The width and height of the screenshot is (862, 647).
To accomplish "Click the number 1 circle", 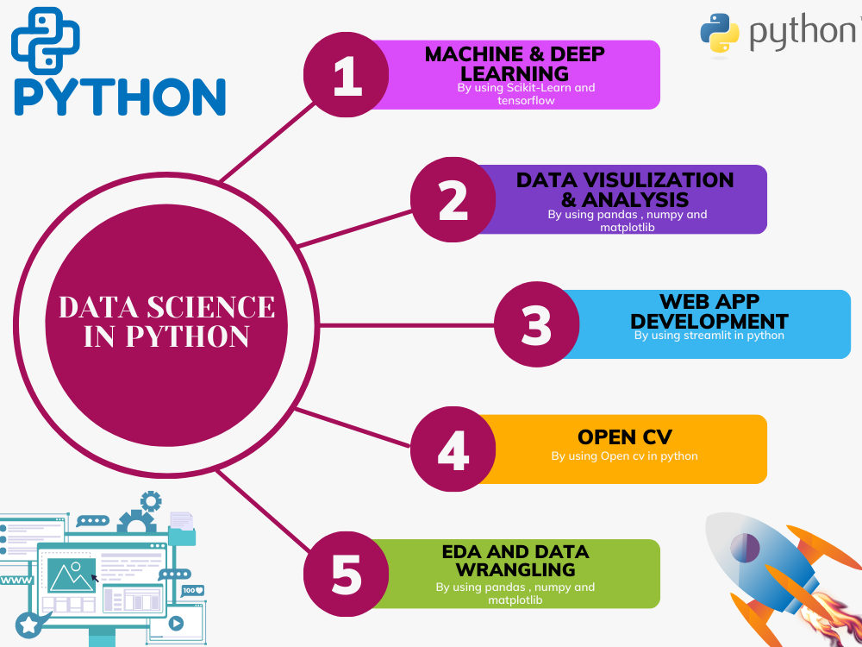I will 347,76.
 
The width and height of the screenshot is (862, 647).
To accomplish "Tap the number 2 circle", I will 453,199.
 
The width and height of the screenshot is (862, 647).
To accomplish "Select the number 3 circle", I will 536,324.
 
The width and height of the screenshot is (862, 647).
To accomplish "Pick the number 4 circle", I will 453,449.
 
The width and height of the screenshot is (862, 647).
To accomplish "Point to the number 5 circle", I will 347,574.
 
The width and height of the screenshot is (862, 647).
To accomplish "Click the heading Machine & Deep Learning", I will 515,64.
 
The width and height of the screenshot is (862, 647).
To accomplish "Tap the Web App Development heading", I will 709,311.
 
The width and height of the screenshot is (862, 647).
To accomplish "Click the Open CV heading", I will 624,437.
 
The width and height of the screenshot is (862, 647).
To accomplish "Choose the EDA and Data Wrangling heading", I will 515,561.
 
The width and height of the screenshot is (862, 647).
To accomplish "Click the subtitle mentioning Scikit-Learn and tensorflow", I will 526,94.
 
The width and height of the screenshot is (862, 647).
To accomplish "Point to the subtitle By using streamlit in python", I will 709,335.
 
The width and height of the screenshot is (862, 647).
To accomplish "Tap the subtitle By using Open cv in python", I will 624,455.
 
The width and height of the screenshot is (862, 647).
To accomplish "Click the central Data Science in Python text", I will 166,322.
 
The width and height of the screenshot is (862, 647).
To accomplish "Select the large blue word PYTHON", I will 120,97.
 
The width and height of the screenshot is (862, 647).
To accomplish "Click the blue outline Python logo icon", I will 45,40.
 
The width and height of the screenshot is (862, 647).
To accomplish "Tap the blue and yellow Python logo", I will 719,33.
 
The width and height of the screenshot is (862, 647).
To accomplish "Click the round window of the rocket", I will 745,546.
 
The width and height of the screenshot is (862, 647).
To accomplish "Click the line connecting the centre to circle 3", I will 405,324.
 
